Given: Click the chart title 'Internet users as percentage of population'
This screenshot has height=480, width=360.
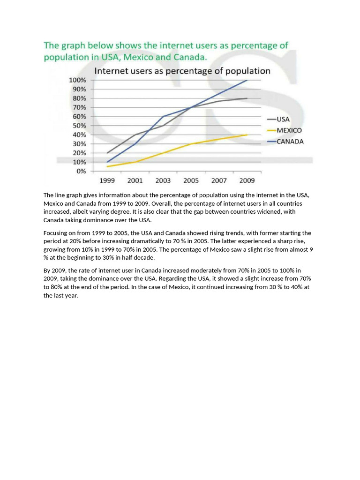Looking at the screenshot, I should click(x=183, y=71).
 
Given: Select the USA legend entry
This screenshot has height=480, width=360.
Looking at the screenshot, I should click(x=283, y=119).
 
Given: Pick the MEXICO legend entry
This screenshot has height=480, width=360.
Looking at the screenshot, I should click(x=289, y=130).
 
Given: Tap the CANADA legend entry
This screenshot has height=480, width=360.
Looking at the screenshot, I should click(x=290, y=142).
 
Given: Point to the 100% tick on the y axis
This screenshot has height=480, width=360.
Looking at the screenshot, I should click(x=78, y=80).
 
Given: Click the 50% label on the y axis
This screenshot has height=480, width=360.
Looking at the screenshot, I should click(x=79, y=126).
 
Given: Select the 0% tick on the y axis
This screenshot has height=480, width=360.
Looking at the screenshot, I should click(x=81, y=171).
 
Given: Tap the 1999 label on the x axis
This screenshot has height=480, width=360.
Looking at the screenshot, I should click(x=107, y=180).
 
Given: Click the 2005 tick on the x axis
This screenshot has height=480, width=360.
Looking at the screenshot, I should click(x=191, y=180).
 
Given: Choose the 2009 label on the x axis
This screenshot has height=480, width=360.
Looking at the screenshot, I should click(x=247, y=180).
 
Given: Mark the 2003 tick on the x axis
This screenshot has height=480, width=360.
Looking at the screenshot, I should click(x=163, y=180).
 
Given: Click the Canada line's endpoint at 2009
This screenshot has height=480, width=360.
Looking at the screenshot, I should click(x=247, y=80).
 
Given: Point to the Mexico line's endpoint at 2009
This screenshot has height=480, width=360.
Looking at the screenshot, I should click(x=247, y=135).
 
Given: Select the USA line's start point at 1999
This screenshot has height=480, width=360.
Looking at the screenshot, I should click(x=107, y=153).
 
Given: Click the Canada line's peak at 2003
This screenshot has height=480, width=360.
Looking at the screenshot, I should click(x=163, y=116).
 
